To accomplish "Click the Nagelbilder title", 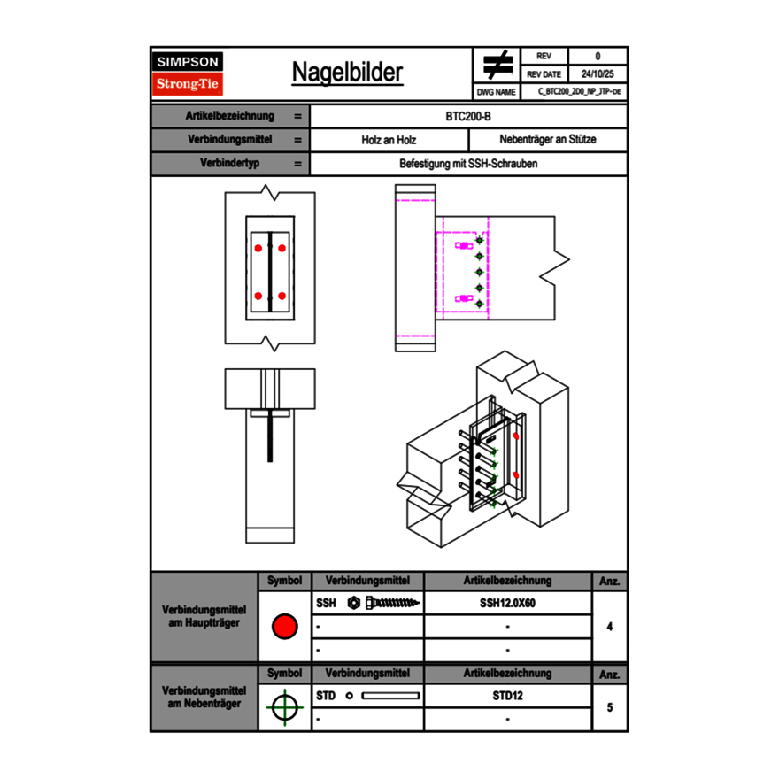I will point(347,72).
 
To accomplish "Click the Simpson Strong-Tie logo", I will point(189,73).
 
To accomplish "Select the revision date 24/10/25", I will point(597,74).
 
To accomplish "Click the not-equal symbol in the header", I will point(497,65).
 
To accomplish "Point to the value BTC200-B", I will point(469,116).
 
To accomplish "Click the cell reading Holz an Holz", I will point(389,140).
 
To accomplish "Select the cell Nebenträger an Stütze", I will point(547,140).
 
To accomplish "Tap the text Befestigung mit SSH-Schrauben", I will point(469,164).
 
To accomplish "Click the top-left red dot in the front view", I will point(258,248).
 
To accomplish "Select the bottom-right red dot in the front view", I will point(282,296).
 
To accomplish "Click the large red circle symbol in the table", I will point(283,627).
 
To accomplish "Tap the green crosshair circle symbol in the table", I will point(283,707).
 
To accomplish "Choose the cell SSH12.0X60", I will point(507,603).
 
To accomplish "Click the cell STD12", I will point(507,696).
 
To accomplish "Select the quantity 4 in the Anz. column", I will point(610,627).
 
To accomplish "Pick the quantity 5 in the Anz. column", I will point(610,707).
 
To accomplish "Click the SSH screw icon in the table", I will point(382,603).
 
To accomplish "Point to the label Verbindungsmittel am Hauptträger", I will point(205,618).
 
